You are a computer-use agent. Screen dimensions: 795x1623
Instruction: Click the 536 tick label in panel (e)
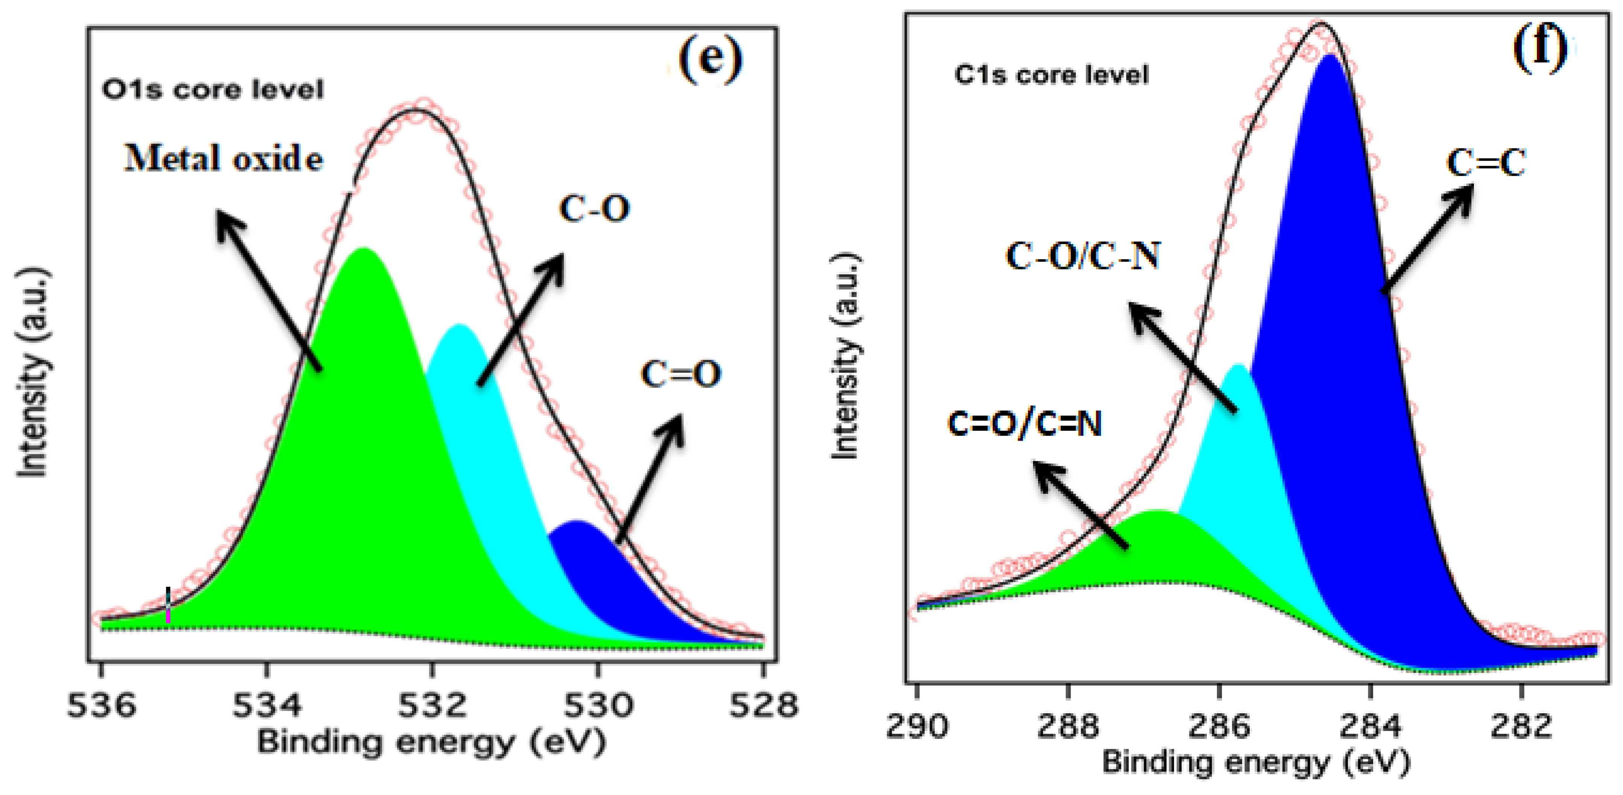pyautogui.click(x=102, y=705)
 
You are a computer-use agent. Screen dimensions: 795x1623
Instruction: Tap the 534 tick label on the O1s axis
pyautogui.click(x=267, y=705)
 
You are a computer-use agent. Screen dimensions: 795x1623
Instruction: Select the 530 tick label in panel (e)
pyautogui.click(x=598, y=705)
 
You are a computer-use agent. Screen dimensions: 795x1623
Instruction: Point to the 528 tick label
pyautogui.click(x=763, y=705)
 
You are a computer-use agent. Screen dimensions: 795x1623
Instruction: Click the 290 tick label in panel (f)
pyautogui.click(x=917, y=726)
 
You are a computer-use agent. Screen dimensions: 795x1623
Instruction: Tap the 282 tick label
pyautogui.click(x=1521, y=726)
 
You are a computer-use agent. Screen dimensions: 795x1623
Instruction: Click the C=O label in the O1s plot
pyautogui.click(x=680, y=374)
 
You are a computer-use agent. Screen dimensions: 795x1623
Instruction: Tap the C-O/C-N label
pyautogui.click(x=1082, y=256)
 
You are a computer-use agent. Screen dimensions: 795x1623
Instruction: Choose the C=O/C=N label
pyautogui.click(x=1024, y=424)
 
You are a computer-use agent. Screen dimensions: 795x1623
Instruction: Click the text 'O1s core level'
pyautogui.click(x=213, y=90)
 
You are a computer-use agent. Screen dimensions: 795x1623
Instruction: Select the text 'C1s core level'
pyautogui.click(x=1051, y=75)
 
